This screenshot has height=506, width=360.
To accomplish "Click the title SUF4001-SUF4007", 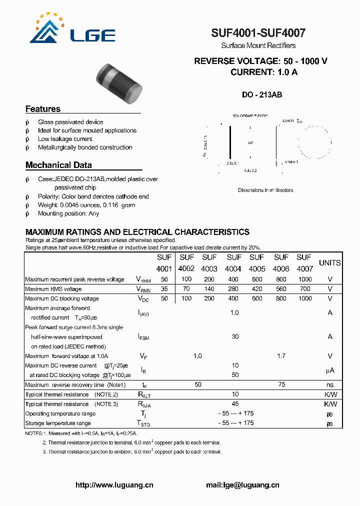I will tap(258, 33).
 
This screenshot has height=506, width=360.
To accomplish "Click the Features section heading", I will tap(43, 109).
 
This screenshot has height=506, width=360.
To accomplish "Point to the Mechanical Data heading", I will tap(58, 165).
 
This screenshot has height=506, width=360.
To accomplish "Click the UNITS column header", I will tap(329, 263).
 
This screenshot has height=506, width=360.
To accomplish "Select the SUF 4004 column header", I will tap(233, 263).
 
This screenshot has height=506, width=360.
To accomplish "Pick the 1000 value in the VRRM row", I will tap(304, 279).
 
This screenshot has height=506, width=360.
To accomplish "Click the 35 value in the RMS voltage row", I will tap(164, 289).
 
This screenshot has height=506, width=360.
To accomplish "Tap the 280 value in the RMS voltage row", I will tap(233, 289).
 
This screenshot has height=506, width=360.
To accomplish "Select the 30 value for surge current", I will tap(235, 337).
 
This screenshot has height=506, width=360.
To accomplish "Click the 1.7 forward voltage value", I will tap(281, 356).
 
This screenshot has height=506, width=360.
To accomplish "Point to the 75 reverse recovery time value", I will tap(281, 384).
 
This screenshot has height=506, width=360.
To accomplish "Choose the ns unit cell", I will tap(329, 385).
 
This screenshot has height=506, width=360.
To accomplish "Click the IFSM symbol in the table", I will tap(143, 337).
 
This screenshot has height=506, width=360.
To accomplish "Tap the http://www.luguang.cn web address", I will tap(114, 485).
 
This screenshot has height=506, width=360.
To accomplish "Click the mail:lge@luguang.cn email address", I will tap(242, 485).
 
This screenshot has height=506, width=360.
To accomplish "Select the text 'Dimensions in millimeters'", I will tap(265, 190).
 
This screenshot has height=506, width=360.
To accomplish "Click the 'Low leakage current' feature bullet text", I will tap(65, 139).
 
